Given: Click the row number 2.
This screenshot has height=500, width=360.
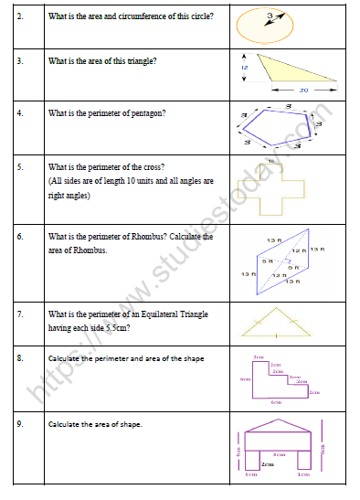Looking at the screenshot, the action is [x=19, y=15].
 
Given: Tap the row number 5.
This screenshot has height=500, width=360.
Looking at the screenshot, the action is [x=19, y=168].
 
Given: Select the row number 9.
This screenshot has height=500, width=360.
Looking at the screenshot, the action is [x=19, y=424].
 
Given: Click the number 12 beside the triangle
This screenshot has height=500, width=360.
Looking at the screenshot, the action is [x=245, y=68].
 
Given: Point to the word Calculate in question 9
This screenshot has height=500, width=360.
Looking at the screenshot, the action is [x=67, y=424].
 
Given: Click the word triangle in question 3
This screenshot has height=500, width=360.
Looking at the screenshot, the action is [x=135, y=61].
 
